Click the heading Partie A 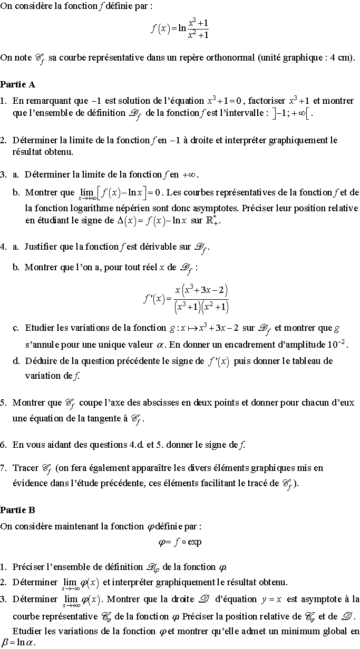tap(18, 84)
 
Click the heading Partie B tap(18, 510)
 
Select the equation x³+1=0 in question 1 tap(225, 101)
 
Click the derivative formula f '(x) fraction tap(186, 299)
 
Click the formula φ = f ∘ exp tap(180, 542)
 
